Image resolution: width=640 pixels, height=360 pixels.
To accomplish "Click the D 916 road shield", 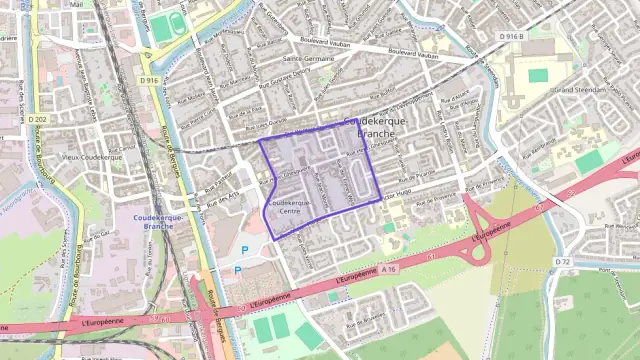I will tap(150, 80).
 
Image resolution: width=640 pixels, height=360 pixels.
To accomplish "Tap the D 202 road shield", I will tap(38, 120).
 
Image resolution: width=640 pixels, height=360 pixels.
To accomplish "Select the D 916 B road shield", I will tap(510, 37).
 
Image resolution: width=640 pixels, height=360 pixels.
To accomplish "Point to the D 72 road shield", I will tap(562, 261).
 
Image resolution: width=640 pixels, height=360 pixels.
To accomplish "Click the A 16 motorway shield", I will tap(389, 269).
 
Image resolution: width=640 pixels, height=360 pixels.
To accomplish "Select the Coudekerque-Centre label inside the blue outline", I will tap(289, 206).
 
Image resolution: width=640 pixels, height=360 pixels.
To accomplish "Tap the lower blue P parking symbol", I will tap(237, 270).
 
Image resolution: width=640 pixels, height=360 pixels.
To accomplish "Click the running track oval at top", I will tap(162, 27).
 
